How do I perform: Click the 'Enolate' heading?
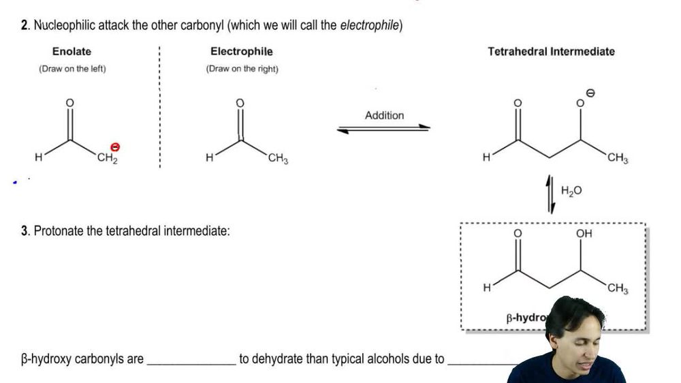(x=72, y=51)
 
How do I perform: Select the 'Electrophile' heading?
(x=241, y=51)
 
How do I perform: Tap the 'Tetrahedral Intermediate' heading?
(x=551, y=51)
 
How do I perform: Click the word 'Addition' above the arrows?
(x=384, y=115)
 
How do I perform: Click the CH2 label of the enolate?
(x=107, y=159)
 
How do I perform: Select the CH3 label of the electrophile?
(x=278, y=159)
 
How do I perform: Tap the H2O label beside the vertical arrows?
(x=571, y=191)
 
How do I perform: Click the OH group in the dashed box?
(x=584, y=234)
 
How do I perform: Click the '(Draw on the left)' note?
(x=72, y=69)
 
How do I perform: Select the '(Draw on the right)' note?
(x=242, y=69)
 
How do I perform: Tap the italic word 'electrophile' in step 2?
(x=370, y=26)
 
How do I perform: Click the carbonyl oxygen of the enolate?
(x=68, y=102)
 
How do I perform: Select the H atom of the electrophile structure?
(x=210, y=158)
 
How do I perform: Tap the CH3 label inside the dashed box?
(x=618, y=290)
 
